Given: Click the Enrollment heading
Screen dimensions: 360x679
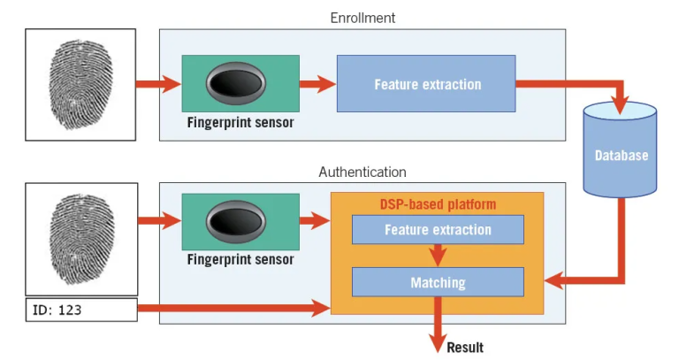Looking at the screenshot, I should coord(362,18).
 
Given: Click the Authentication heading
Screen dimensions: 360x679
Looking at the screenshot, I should coord(362,172).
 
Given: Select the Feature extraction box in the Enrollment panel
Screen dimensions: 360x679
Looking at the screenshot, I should coord(426,84).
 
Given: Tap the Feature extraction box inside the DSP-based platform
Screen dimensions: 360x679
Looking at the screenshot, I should coord(437,230).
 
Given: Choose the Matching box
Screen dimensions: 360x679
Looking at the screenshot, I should coord(437,283).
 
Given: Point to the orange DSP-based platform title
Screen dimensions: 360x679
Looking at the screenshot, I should coord(437,204).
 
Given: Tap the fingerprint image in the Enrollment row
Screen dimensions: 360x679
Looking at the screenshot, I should coord(80,84).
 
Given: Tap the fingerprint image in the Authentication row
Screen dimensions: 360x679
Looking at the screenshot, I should coord(80,239).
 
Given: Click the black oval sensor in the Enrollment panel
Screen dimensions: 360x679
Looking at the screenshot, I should coord(240,84).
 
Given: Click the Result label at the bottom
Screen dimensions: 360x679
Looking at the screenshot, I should coord(465,347).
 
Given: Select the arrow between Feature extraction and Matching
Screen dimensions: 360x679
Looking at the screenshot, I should coord(438,256).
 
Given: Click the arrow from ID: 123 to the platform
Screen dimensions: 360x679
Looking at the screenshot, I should coord(230,310).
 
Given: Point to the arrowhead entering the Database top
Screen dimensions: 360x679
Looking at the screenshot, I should coord(621,104).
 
